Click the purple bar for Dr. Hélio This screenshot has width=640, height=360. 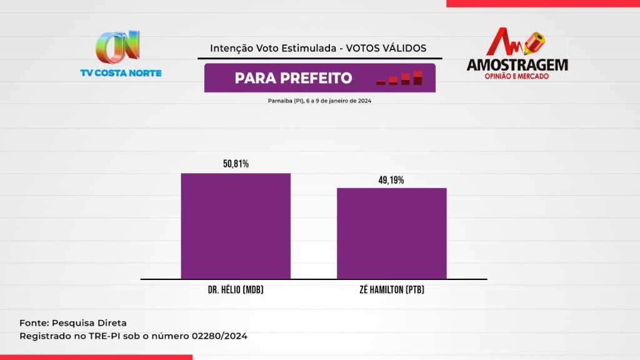236,226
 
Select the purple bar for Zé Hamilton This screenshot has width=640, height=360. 392,233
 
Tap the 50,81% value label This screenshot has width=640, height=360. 236,164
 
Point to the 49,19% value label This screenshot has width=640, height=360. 392,180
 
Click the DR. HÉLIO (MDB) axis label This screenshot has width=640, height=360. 236,290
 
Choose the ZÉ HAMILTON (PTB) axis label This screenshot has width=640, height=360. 392,290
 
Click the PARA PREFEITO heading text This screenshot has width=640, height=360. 293,78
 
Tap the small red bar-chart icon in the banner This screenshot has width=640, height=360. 399,78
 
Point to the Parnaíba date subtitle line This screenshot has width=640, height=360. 319,101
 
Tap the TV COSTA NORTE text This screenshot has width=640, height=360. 121,73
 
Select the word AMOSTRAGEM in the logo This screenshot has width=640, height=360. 517,64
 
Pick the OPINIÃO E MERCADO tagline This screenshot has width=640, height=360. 517,76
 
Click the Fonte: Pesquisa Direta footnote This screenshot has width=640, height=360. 73,323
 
